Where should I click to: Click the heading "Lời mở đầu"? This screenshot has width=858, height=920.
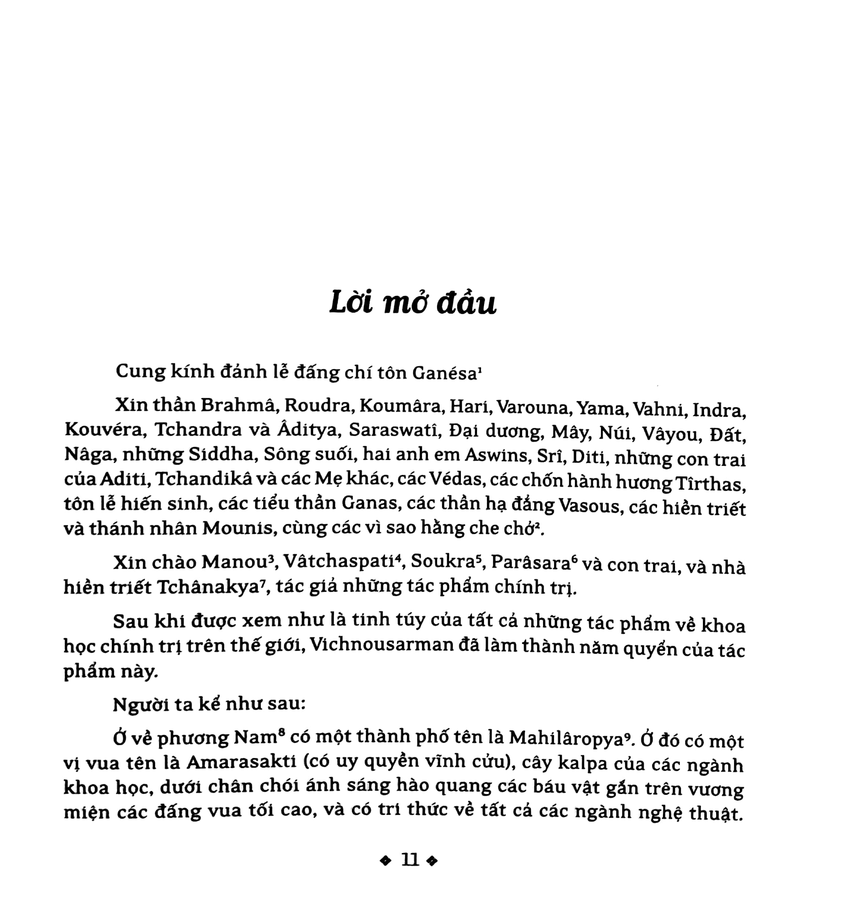pos(412,304)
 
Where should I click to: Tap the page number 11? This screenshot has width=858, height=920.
pos(410,860)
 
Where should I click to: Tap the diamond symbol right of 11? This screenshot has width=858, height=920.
pos(432,861)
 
